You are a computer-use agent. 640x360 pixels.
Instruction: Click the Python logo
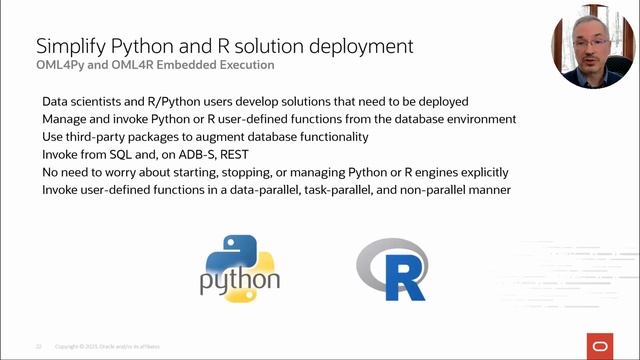241,266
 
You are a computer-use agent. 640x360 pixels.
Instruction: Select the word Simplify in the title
69,46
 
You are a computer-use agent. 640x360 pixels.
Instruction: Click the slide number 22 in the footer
38,346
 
